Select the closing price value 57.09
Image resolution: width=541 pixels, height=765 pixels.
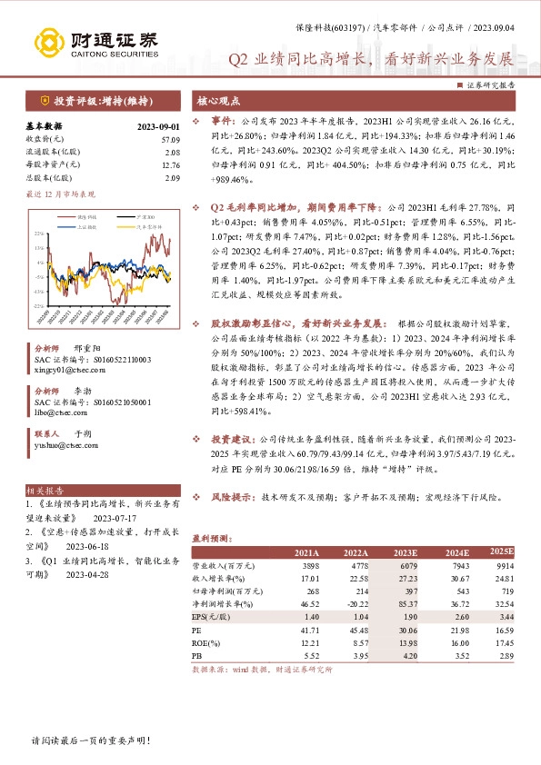point(171,138)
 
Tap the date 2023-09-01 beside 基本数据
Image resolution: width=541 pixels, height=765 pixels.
point(159,126)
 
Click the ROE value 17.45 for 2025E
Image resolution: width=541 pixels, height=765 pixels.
point(502,641)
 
